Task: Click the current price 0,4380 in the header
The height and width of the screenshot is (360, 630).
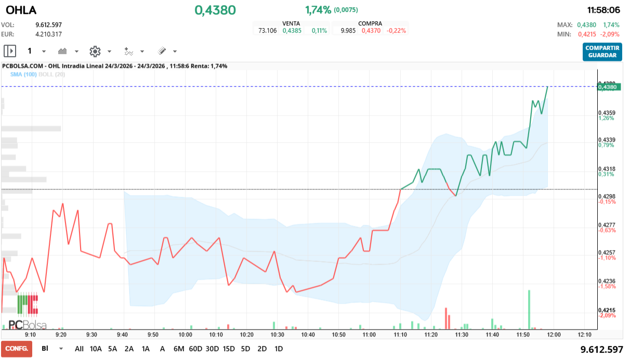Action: [215, 10]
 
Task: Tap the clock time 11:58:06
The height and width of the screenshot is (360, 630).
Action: [603, 10]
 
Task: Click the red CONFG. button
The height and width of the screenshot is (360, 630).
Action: [17, 349]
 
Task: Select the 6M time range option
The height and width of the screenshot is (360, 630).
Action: [179, 349]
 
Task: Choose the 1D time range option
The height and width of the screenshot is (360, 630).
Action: [279, 349]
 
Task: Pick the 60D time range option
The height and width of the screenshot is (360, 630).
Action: [195, 349]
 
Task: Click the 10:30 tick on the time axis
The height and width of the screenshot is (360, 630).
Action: [278, 335]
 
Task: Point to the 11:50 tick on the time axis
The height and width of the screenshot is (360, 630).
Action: [523, 335]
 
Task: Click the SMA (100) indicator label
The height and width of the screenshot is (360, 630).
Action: [22, 74]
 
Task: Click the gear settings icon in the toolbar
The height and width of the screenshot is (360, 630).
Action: [95, 51]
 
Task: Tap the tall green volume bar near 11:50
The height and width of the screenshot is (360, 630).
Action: [529, 310]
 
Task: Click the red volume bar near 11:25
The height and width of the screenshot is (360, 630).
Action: [446, 318]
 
